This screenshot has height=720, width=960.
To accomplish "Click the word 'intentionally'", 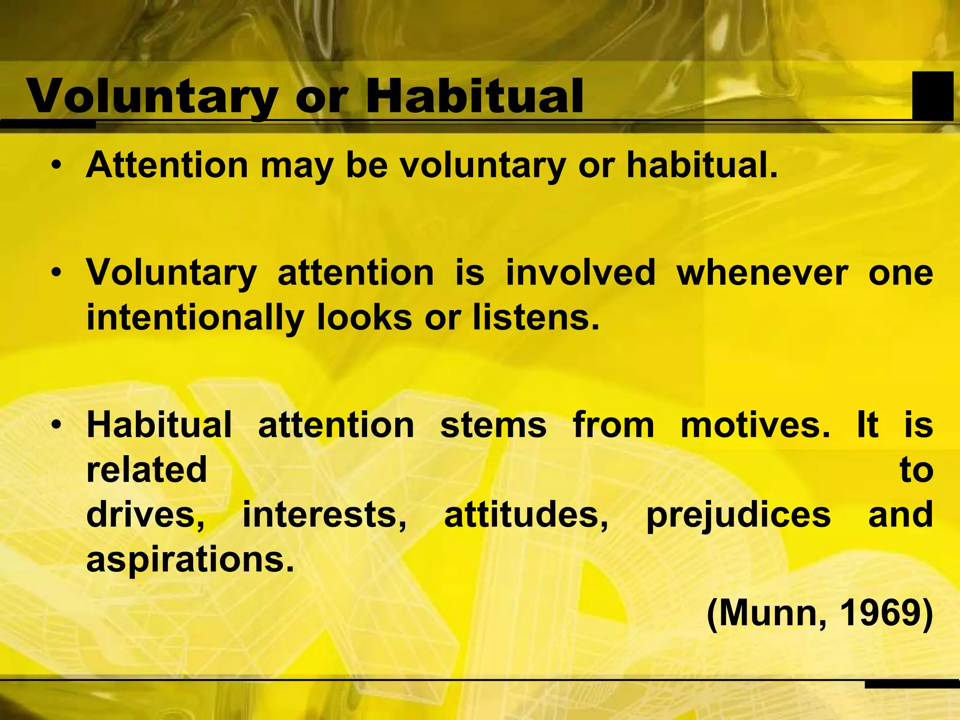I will pyautogui.click(x=195, y=318).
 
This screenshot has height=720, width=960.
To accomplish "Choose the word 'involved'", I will pyautogui.click(x=580, y=273).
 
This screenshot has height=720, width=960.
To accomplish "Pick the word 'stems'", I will pyautogui.click(x=493, y=425).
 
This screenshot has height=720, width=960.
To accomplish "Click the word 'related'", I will pyautogui.click(x=147, y=470).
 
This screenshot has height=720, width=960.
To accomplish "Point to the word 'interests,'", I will pyautogui.click(x=324, y=515).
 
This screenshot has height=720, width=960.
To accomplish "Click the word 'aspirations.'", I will pyautogui.click(x=190, y=560).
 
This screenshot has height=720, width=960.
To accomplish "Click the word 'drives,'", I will pyautogui.click(x=146, y=515).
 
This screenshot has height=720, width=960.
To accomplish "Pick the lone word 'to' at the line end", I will pyautogui.click(x=916, y=470).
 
